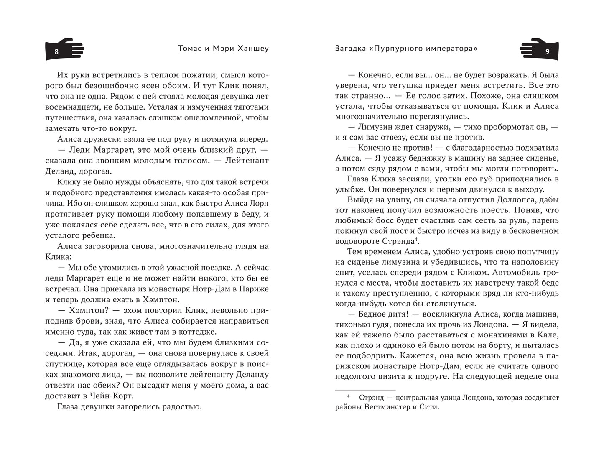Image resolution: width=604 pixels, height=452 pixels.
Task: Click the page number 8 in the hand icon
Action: click(x=56, y=52)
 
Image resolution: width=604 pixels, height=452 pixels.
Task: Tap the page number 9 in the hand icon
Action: click(x=547, y=52)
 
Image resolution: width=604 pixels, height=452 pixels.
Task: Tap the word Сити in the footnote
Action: click(x=430, y=407)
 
